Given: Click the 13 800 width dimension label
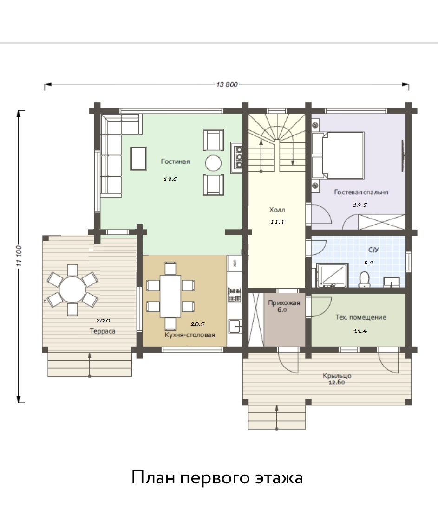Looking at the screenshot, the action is click(227, 84).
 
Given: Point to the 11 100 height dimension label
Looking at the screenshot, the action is click(20, 256).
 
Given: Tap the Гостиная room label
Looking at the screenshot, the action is click(175, 161).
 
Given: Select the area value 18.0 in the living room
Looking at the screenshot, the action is click(170, 179).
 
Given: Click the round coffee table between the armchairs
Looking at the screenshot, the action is click(213, 163).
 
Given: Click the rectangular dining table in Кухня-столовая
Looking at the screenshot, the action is click(170, 296).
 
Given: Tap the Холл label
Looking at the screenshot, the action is click(277, 210).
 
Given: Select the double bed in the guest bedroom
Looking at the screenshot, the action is click(338, 155).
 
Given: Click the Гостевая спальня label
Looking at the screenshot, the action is click(361, 192).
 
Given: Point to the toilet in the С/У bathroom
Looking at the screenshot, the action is click(365, 279).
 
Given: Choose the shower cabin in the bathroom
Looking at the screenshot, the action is click(332, 275).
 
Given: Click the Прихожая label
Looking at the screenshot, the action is click(284, 302).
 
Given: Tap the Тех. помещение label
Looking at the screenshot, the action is click(361, 317).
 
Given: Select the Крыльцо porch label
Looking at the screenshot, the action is click(337, 376).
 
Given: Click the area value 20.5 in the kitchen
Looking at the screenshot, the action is click(197, 324).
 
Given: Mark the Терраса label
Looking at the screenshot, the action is click(103, 331).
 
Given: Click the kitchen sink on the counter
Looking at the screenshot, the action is click(235, 326).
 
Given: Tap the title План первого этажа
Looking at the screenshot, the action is click(217, 477).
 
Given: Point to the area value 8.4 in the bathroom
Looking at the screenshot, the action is click(368, 262).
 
